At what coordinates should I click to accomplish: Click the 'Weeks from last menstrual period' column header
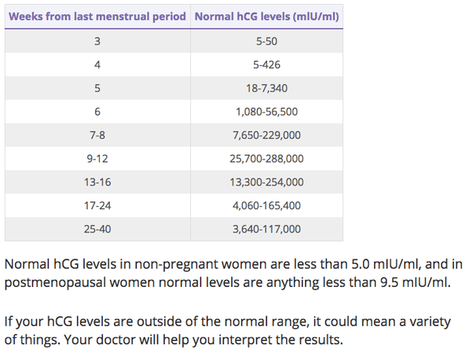[x=97, y=17]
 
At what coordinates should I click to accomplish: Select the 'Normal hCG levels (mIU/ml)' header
[x=266, y=17]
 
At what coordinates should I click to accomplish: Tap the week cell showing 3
[x=97, y=41]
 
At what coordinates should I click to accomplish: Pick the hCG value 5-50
[x=266, y=41]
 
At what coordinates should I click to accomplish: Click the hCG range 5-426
[x=266, y=64]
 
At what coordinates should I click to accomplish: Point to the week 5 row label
[x=97, y=88]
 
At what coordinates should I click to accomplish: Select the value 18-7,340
[x=266, y=88]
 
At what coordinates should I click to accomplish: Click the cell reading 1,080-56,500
[x=266, y=112]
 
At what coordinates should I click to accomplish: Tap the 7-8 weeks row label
[x=97, y=135]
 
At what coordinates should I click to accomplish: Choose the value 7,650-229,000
[x=266, y=135]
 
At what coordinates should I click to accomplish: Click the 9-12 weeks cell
[x=97, y=159]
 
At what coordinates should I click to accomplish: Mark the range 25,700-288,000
[x=266, y=159]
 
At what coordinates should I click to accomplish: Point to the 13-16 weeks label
[x=97, y=182]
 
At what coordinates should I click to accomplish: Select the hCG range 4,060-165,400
[x=266, y=206]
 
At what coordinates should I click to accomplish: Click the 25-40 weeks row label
[x=97, y=230]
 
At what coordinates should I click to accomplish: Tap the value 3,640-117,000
[x=266, y=230]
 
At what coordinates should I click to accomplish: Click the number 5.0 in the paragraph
[x=360, y=264]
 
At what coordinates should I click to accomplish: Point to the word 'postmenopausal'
[x=55, y=283]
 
